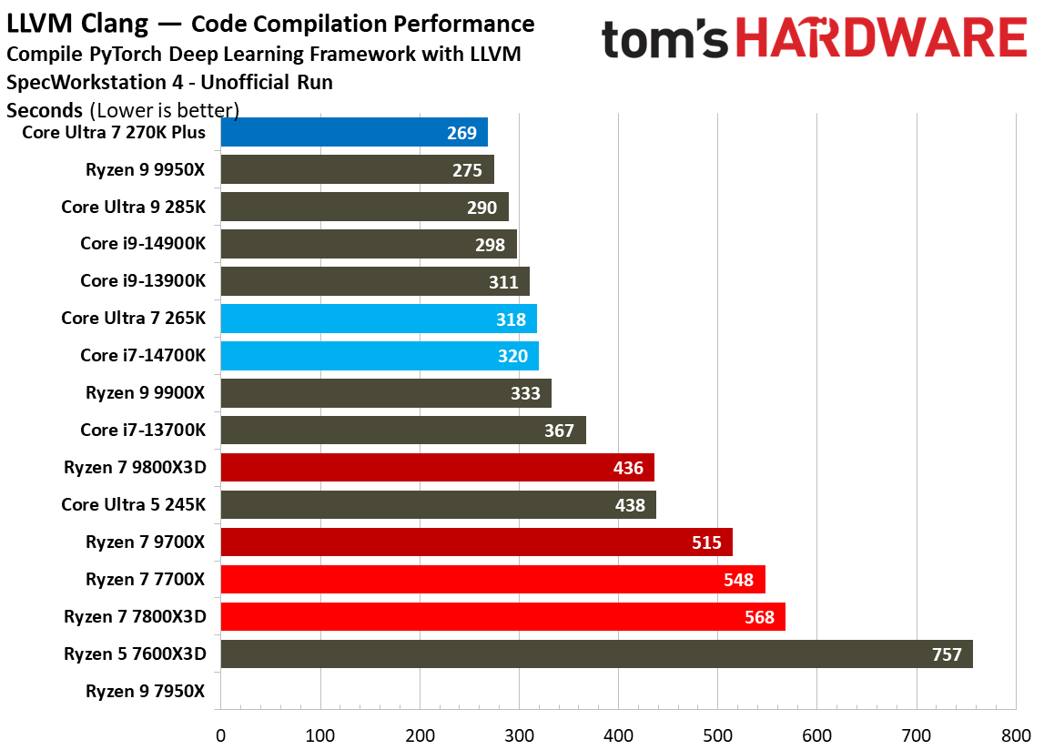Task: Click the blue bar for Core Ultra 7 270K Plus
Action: click(354, 132)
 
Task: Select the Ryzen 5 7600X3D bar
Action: click(596, 654)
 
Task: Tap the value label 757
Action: click(947, 654)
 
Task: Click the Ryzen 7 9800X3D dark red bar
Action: click(437, 468)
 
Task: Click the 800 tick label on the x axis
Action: click(1015, 734)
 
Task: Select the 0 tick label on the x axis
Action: click(220, 734)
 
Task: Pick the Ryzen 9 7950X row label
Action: click(146, 691)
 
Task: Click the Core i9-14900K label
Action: click(143, 243)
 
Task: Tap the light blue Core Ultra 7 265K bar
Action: click(379, 319)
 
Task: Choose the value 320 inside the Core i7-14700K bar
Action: click(512, 356)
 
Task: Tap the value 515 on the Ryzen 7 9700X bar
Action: click(705, 542)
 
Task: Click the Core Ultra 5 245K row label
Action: click(134, 504)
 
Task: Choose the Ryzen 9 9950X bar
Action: click(357, 169)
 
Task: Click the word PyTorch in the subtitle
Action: click(121, 54)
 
